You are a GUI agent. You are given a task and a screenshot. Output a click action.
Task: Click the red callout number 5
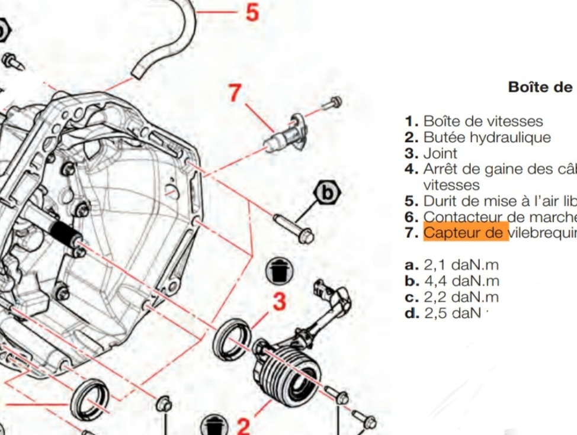pyautogui.click(x=252, y=12)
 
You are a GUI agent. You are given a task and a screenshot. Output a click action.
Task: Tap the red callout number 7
pyautogui.click(x=235, y=92)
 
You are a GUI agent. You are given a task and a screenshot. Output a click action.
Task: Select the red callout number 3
pyautogui.click(x=279, y=301)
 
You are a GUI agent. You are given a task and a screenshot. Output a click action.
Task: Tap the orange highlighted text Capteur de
pyautogui.click(x=466, y=233)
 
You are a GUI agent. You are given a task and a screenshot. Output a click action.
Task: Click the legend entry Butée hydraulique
pyautogui.click(x=486, y=137)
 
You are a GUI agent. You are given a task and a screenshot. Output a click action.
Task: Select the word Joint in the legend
pyautogui.click(x=440, y=153)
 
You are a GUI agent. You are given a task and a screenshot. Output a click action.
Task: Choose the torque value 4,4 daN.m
pyautogui.click(x=461, y=281)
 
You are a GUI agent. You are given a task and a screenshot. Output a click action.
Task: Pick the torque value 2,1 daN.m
pyautogui.click(x=461, y=265)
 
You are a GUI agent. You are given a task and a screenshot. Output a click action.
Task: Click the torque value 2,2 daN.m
pyautogui.click(x=461, y=297)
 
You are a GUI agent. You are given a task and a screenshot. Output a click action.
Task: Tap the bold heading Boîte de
pyautogui.click(x=540, y=87)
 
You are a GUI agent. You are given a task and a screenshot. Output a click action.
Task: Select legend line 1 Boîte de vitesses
pyautogui.click(x=483, y=121)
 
